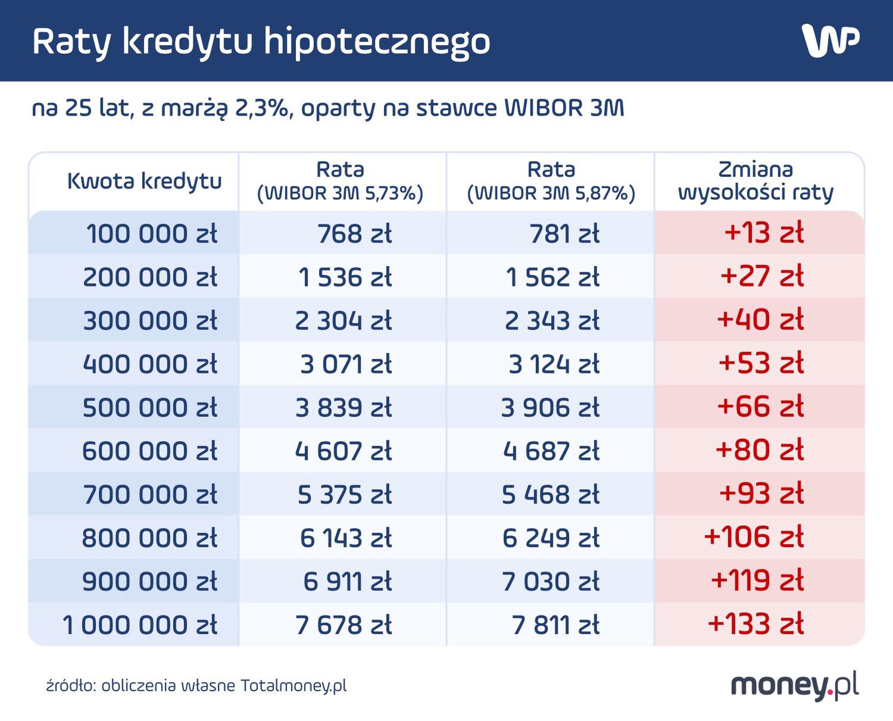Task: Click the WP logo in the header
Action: pos(830,40)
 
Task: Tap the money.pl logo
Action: pos(794,686)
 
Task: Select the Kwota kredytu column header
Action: pos(144,181)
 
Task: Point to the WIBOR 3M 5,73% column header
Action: pos(340,182)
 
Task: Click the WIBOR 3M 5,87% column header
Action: pos(551,182)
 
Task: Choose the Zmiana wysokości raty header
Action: pos(755,181)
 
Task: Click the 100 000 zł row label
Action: pos(152,233)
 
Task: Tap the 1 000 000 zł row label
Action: pos(140,625)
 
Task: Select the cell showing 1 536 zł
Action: pos(345,277)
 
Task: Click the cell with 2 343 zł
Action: pos(552,321)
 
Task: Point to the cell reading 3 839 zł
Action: pos(344,408)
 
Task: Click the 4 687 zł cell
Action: pos(551,451)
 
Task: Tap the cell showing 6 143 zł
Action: pos(345,538)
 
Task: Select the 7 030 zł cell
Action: pos(551,582)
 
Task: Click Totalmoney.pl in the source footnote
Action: pos(293,686)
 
